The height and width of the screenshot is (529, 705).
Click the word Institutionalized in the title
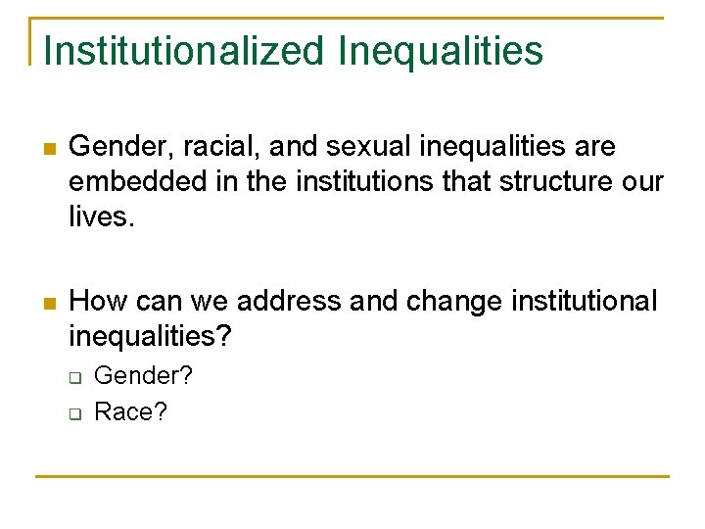click(x=184, y=51)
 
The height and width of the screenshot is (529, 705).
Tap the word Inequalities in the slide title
click(x=441, y=51)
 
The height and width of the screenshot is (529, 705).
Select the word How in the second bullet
click(x=95, y=301)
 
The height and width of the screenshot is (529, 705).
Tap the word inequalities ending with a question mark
click(x=151, y=336)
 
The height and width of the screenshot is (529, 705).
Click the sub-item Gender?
click(x=143, y=375)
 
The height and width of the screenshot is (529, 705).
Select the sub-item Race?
click(x=131, y=411)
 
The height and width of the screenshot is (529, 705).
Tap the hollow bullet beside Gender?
click(x=73, y=377)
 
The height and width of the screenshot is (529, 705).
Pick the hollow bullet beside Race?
click(x=73, y=413)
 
